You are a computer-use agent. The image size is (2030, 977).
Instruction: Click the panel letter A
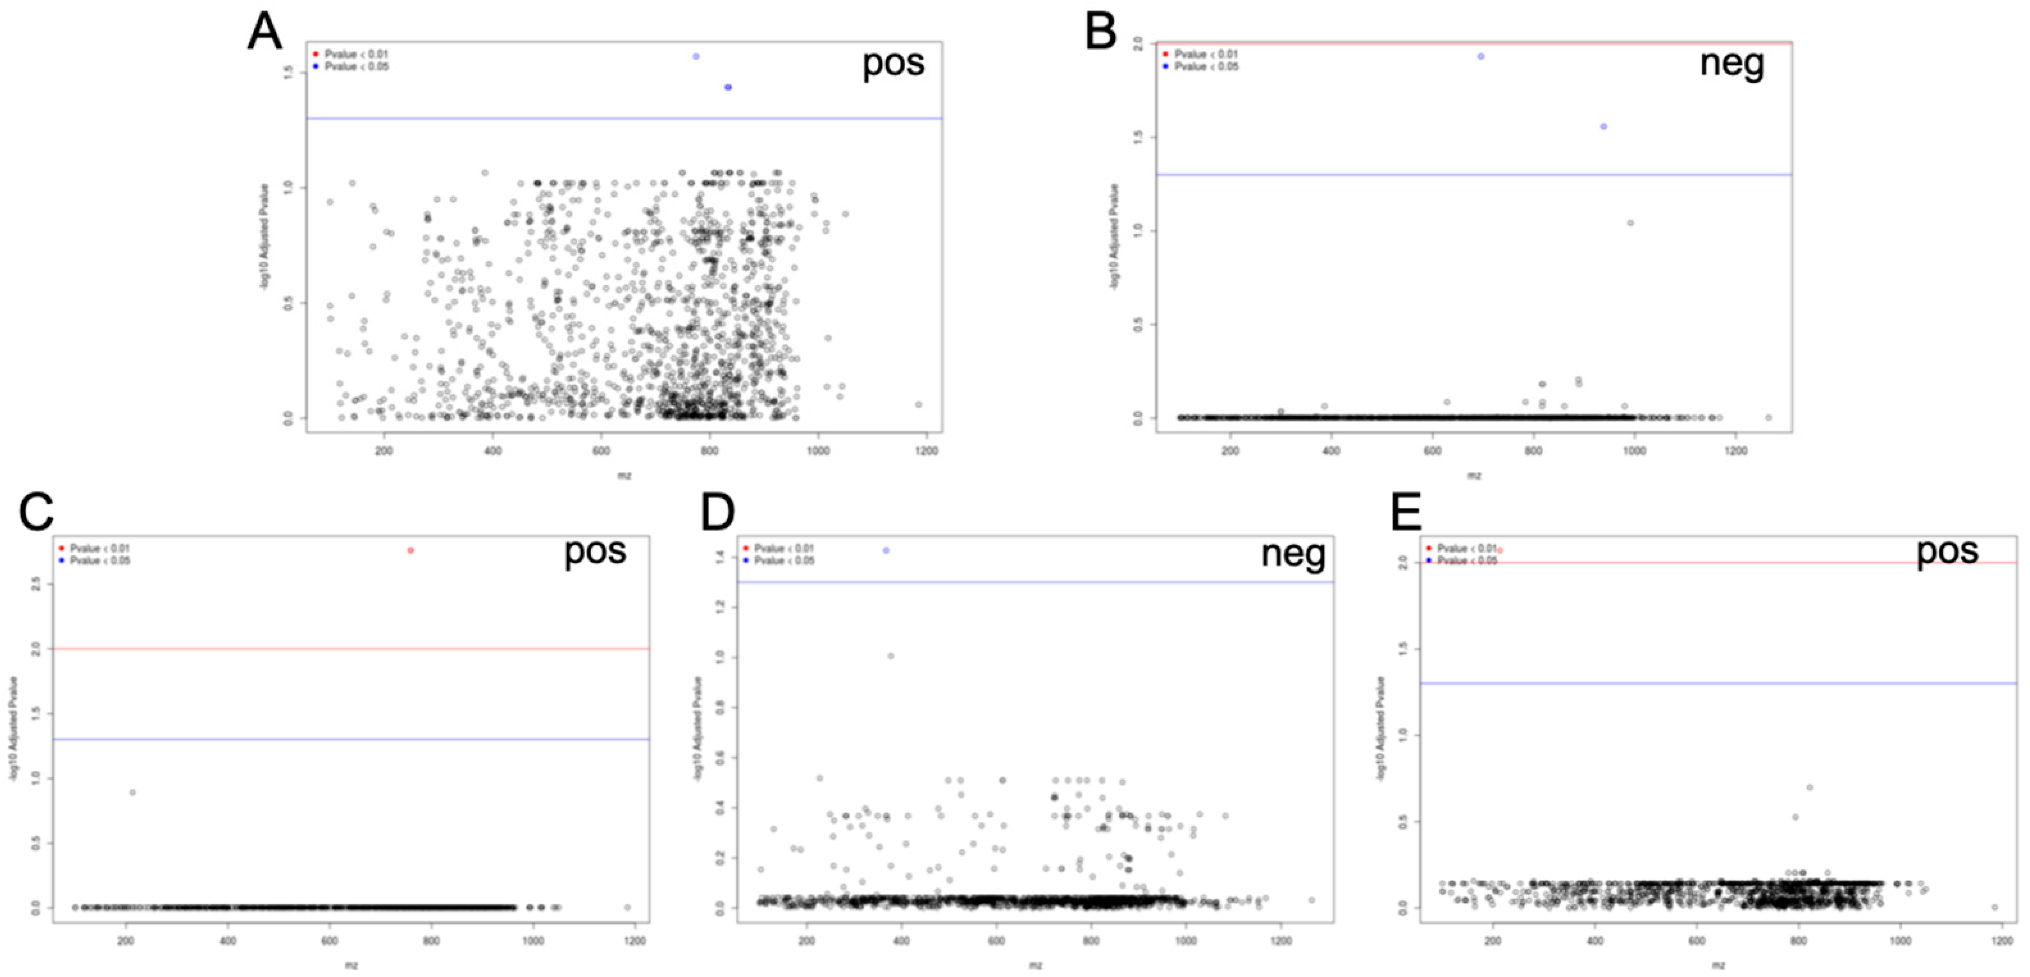[x=264, y=33]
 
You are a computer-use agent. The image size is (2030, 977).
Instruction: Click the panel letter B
[x=1101, y=33]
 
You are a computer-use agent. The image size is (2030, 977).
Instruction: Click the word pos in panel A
[x=893, y=63]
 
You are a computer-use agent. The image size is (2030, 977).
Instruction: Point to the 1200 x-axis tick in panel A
[x=927, y=450]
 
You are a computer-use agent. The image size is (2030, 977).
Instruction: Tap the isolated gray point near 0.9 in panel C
[x=133, y=792]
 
